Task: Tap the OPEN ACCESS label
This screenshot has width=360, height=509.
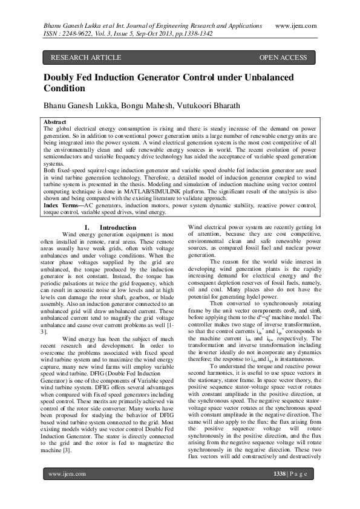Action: (x=283, y=58)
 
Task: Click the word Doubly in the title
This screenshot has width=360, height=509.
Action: (x=61, y=77)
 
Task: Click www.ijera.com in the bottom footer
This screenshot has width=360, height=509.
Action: (x=67, y=491)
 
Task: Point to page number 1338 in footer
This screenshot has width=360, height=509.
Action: (x=281, y=491)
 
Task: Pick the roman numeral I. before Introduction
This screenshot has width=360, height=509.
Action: (x=87, y=228)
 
